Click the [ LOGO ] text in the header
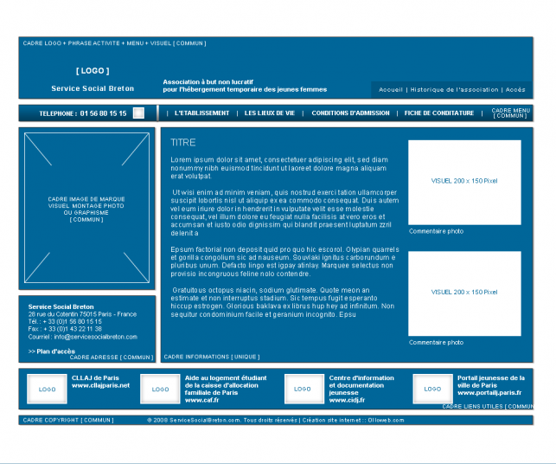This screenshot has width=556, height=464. pos(93,71)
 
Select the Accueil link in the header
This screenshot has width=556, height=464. pos(391,90)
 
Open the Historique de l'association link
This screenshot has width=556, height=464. pos(454,90)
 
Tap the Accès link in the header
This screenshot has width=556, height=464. pos(515,90)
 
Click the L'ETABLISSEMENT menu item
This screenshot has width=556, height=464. pos(202,113)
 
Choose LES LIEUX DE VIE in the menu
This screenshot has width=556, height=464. pos(270,113)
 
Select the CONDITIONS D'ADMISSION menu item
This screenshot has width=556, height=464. pos(350,113)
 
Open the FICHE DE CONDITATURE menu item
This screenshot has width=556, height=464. pos(439,113)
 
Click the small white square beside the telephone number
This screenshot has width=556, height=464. pos(138,113)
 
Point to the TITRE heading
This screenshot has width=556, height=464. pos(183,143)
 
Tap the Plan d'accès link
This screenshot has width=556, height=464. pos(52,351)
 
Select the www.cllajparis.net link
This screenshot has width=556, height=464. pos(100,385)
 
